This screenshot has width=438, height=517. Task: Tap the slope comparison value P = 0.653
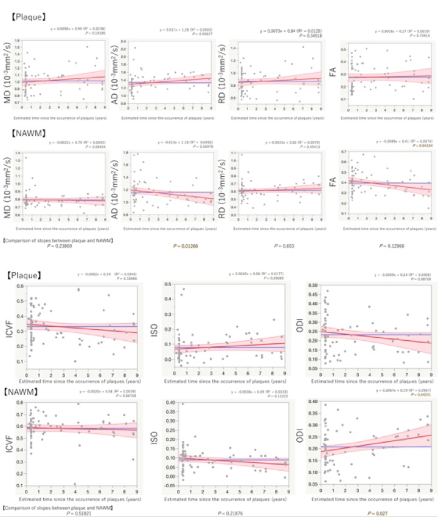pyautogui.click(x=270, y=246)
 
